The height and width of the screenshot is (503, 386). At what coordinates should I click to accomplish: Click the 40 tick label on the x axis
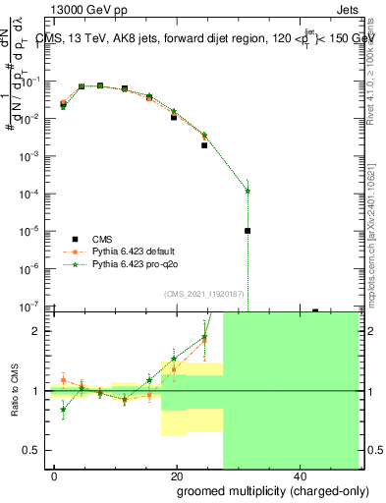pos(299,475)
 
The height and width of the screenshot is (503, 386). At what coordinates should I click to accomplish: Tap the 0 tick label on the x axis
pos(55,475)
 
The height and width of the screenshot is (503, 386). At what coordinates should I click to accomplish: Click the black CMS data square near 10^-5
pos(248,231)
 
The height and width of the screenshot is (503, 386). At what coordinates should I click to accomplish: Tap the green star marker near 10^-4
pos(248,192)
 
